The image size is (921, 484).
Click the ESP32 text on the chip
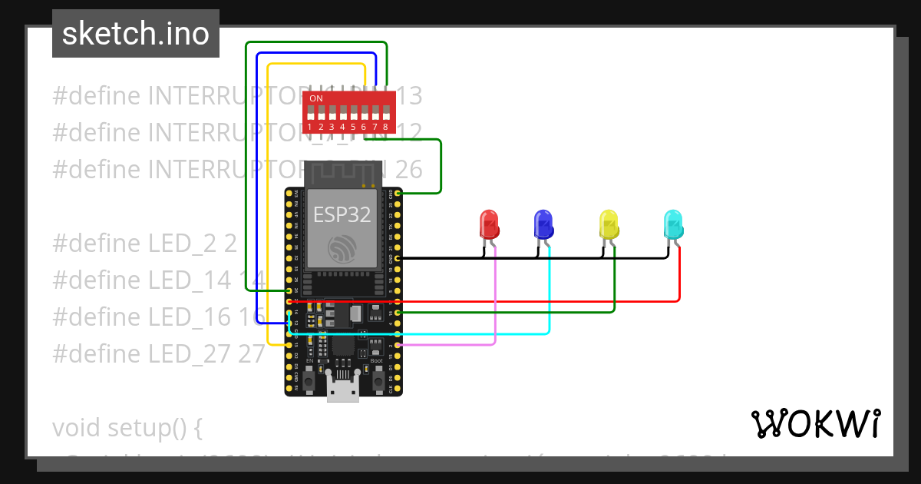coord(342,214)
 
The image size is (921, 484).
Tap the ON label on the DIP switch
coord(315,99)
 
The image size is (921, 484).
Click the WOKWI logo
coord(814,423)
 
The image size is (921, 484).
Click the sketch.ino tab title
coord(136,34)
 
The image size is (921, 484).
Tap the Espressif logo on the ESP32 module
coord(342,248)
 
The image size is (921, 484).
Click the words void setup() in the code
coord(127,427)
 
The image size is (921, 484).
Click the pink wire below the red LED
coord(495,300)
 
